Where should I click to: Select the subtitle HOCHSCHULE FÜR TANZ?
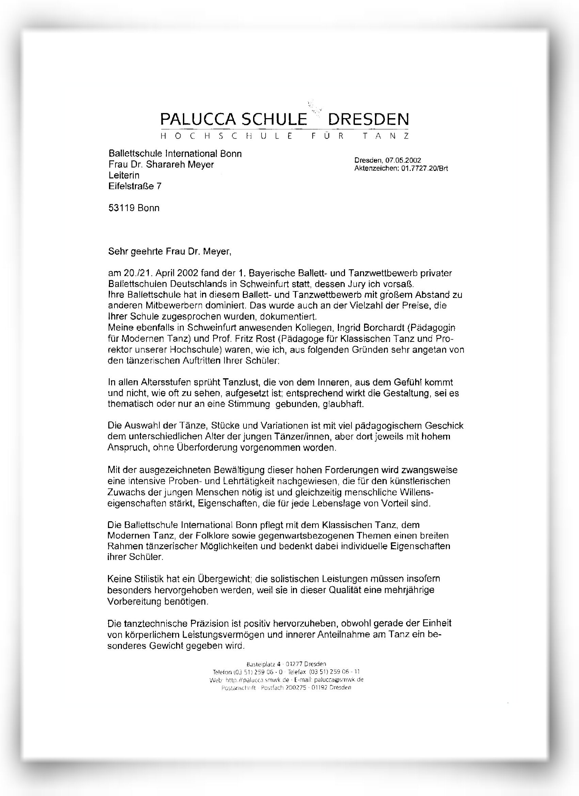tap(284, 136)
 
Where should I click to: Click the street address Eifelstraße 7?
tap(135, 186)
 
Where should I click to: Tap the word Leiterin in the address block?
tap(124, 175)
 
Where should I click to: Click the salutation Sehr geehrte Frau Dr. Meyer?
tap(170, 251)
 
